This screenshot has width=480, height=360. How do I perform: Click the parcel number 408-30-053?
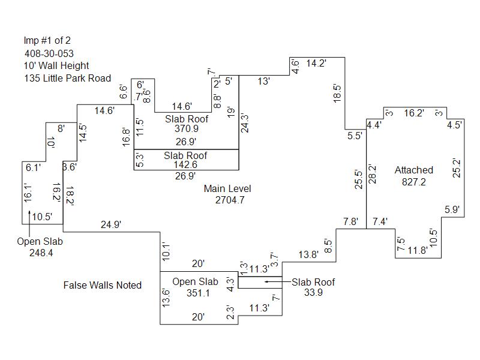pos(49,53)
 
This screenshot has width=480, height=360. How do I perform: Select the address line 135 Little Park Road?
pos(67,78)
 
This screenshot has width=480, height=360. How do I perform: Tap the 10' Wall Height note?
pos(56,65)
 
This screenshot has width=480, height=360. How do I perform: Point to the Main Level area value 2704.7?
pos(230,200)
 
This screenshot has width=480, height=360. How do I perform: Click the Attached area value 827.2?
pos(413,182)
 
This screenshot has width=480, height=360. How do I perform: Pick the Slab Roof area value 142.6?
pos(185,166)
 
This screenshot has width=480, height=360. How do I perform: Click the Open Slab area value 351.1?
pos(195,293)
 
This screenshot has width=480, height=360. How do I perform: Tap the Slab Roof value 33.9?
pos(313,293)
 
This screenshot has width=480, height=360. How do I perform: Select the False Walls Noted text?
pos(103,285)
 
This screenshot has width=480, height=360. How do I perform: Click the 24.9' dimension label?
pos(111,224)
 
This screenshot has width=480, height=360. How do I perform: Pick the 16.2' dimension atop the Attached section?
pos(414,112)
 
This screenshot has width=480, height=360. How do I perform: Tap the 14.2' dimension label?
pos(316,63)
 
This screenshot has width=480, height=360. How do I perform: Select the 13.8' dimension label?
pos(309,255)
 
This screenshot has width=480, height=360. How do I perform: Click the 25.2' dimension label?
pos(457,168)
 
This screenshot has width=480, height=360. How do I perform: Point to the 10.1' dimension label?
pos(167,251)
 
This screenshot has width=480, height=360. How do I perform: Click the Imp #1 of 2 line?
pos(48,41)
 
